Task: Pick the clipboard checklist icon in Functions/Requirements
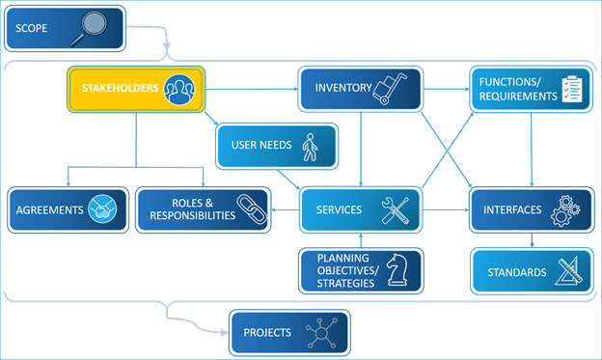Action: click(x=573, y=89)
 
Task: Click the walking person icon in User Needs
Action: click(x=309, y=147)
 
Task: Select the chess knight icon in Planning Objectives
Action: click(x=396, y=270)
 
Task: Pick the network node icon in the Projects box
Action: click(x=320, y=333)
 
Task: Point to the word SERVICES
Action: click(x=339, y=209)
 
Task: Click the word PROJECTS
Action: click(x=267, y=333)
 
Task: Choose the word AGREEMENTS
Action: click(x=50, y=209)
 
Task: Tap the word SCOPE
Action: click(x=32, y=28)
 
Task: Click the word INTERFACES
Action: click(x=510, y=209)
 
